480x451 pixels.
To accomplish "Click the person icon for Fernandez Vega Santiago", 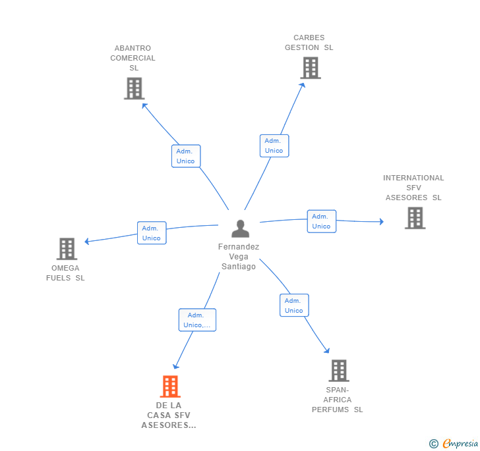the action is [x=240, y=228].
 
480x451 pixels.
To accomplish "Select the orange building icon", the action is [x=170, y=386].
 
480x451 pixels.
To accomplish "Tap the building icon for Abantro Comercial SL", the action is [x=135, y=88].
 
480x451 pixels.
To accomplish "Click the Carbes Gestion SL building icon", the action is [x=311, y=68].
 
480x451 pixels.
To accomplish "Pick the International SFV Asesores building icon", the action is [x=415, y=218].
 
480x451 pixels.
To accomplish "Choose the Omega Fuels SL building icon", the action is [x=67, y=249].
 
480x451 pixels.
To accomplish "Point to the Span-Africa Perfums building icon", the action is [x=339, y=371].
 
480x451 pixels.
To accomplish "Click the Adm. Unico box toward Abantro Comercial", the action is [x=186, y=156].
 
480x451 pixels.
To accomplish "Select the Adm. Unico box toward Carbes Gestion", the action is [x=274, y=146].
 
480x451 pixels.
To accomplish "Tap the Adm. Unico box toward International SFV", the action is [x=322, y=221].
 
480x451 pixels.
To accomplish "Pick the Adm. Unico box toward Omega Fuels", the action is [x=152, y=233].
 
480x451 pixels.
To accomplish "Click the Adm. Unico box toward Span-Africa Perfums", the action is [x=294, y=305].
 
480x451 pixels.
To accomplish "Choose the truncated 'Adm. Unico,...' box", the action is [x=197, y=320].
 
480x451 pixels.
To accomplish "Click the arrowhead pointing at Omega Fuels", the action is [x=86, y=242].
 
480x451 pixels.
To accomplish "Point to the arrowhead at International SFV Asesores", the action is [x=381, y=221].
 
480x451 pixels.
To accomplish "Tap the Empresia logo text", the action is [x=460, y=443].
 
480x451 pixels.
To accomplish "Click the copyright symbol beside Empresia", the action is [x=433, y=443].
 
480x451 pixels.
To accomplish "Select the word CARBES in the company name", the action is [x=309, y=38].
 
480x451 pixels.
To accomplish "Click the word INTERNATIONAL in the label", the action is [x=413, y=178].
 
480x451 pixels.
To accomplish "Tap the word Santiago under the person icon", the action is [x=239, y=267].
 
